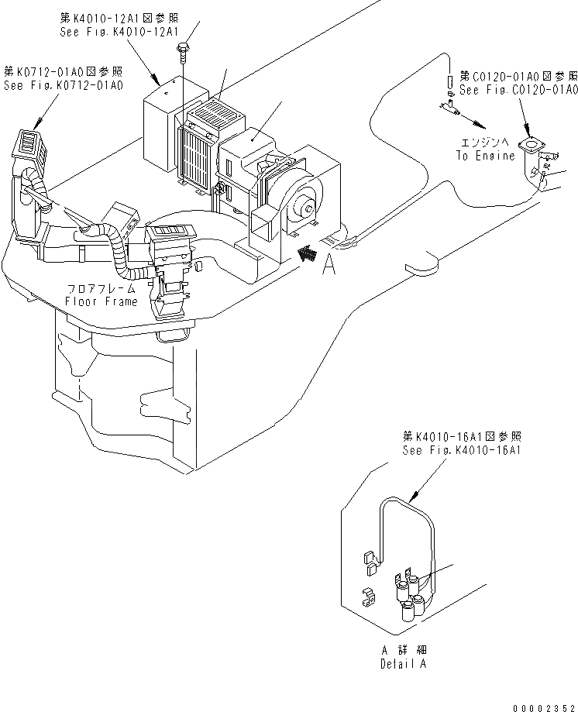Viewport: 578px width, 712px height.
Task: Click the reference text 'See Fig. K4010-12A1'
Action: pyautogui.click(x=119, y=32)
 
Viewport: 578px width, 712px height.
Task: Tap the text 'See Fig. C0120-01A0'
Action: pyautogui.click(x=518, y=91)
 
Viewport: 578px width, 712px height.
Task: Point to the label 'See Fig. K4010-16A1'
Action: pyautogui.click(x=461, y=450)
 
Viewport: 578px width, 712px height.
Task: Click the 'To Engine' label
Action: pyautogui.click(x=485, y=156)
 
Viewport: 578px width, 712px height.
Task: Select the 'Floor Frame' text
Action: pyautogui.click(x=101, y=301)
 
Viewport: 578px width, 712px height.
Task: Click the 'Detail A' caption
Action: pyautogui.click(x=402, y=664)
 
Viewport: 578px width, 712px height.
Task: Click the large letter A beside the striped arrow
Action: pyautogui.click(x=329, y=266)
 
